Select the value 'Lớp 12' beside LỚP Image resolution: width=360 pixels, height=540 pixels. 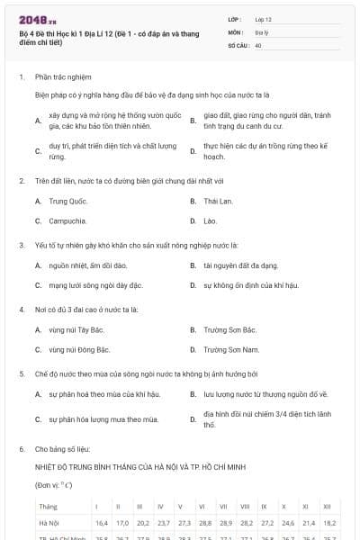coord(264,19)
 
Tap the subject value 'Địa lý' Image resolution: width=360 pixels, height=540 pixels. coord(260,31)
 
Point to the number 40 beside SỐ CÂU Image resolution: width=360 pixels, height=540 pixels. coord(258,44)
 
